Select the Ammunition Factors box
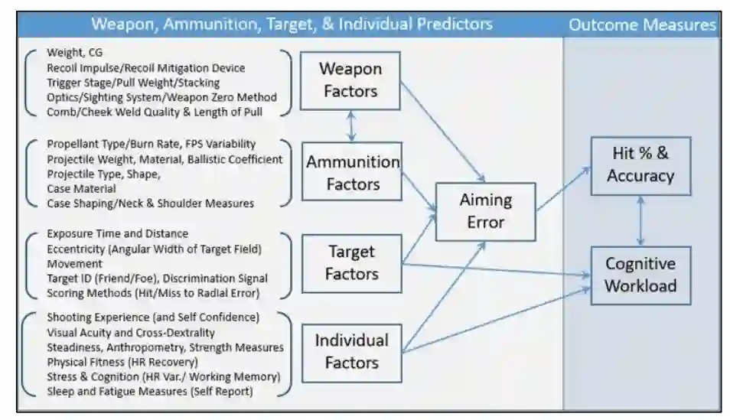[353, 173]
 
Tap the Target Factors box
[352, 262]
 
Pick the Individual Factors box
[352, 350]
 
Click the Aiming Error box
[485, 210]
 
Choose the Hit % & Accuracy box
[640, 164]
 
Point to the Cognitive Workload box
[640, 275]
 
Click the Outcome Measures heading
[642, 24]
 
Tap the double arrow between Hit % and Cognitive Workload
[640, 220]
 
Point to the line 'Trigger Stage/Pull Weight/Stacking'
[133, 83]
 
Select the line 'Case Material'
[81, 188]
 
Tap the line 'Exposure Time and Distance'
[117, 233]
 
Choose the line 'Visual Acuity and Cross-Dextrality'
[130, 333]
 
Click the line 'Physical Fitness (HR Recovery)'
[122, 361]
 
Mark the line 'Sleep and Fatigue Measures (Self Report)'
[149, 391]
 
